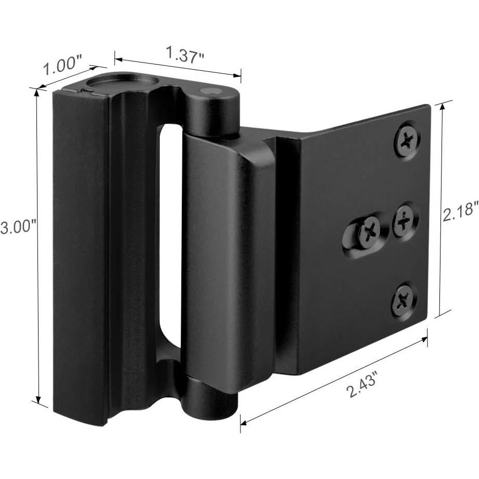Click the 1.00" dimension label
click(x=63, y=68)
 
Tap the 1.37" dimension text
click(x=184, y=54)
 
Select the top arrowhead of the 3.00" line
click(x=36, y=92)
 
